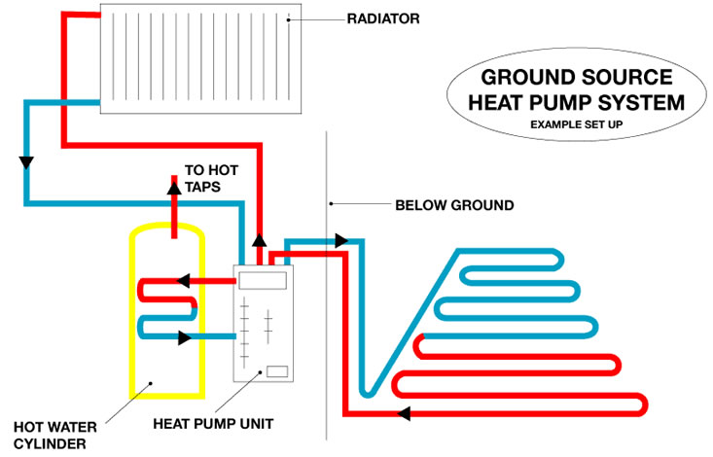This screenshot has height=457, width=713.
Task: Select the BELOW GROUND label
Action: pos(454,205)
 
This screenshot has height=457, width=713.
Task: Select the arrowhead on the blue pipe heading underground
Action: pos(341,239)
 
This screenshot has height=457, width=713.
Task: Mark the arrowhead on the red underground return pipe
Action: pos(404,413)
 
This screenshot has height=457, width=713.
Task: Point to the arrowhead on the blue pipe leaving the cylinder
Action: pos(185,337)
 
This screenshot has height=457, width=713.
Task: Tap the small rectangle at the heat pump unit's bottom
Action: pos(276,370)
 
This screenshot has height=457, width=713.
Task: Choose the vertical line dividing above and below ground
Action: pos(326,292)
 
